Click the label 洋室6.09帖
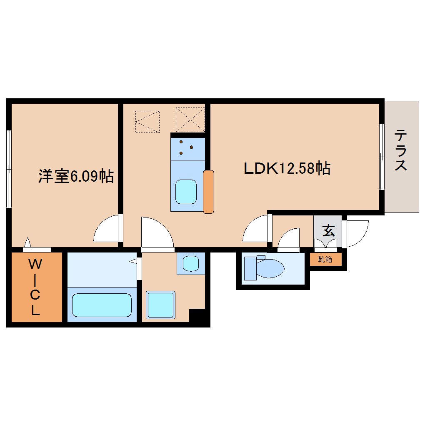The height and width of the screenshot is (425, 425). pos(76,176)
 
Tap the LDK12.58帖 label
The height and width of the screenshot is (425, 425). pos(287,168)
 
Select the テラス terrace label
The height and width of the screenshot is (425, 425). pos(401,151)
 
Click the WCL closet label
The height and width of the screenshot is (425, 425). pos(35,287)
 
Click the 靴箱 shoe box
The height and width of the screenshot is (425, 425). pos(325,259)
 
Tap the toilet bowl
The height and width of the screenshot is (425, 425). pos(269,268)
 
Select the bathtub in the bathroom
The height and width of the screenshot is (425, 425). pos(102,305)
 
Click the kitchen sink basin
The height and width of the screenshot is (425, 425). pos(185,192)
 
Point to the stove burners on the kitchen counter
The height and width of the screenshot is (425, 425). pos(185,147)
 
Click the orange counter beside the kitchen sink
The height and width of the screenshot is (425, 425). pos(208,192)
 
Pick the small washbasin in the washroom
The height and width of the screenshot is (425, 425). pos(191,263)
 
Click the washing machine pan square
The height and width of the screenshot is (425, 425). pos(160,305)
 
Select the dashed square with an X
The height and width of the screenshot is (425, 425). pos(190,120)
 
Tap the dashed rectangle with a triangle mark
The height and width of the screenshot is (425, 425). pos(147,122)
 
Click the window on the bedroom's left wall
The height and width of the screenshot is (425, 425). pos(8,168)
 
